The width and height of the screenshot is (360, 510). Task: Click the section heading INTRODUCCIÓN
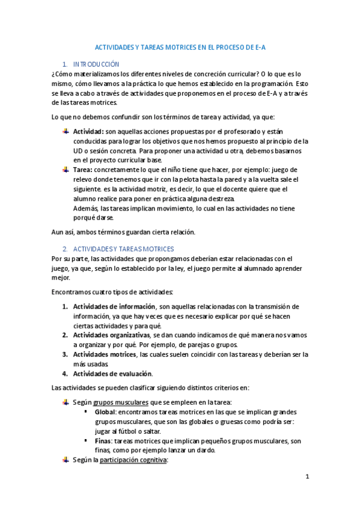[x=96, y=64]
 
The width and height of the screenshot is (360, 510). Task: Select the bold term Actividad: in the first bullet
[x=88, y=131]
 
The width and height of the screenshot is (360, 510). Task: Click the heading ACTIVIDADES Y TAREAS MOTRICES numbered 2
[x=123, y=248]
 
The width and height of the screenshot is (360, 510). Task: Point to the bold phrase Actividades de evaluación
[x=109, y=373]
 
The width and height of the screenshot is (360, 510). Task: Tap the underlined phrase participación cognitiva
[x=133, y=460]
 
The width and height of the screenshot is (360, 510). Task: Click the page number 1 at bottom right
[x=307, y=478]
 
